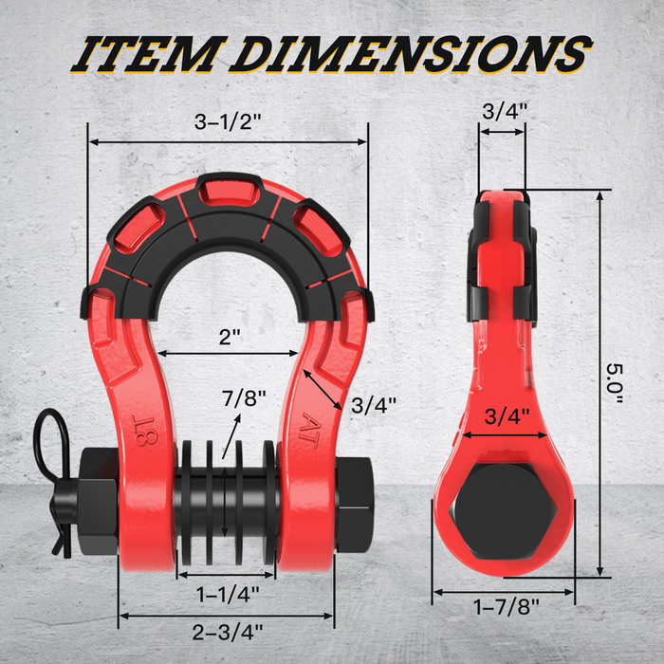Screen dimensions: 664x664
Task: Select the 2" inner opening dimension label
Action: tap(228, 336)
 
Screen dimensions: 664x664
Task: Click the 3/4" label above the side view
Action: tap(504, 110)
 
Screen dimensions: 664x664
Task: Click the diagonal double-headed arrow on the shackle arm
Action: tap(323, 390)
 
